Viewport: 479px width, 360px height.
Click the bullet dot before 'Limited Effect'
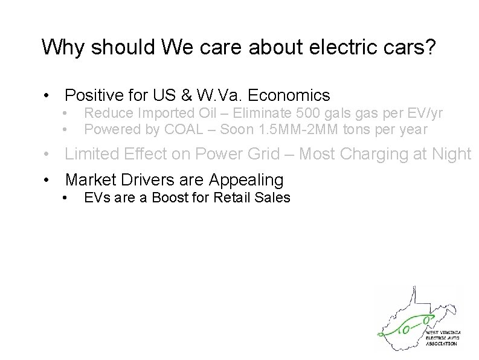click(47, 155)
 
